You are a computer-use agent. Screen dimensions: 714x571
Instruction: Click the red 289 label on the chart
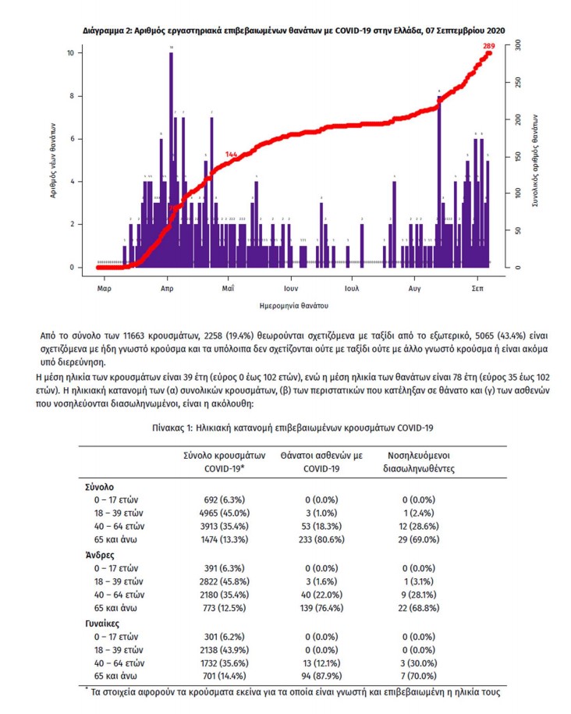click(489, 46)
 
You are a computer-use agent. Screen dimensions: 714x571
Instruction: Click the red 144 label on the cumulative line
click(231, 155)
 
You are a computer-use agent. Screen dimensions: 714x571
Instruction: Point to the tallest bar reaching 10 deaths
click(171, 156)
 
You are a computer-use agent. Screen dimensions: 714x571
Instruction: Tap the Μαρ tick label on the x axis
click(104, 287)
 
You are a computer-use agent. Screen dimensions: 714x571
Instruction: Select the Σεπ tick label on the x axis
click(477, 287)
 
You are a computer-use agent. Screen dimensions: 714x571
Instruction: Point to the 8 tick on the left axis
click(72, 96)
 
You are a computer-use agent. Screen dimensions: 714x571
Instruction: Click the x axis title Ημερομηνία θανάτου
click(293, 304)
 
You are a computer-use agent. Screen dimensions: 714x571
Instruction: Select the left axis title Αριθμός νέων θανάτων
click(53, 159)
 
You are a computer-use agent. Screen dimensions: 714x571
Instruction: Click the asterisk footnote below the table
click(290, 692)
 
